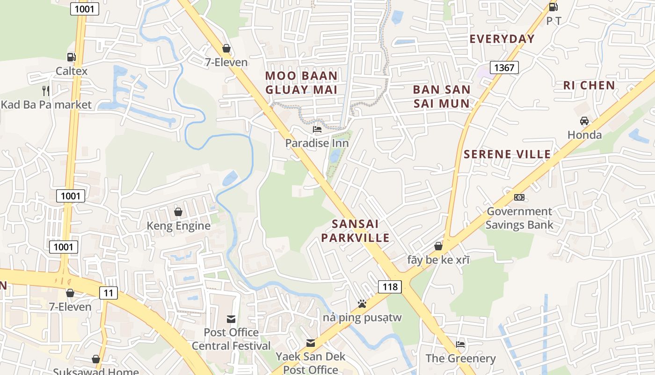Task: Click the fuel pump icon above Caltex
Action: point(71,57)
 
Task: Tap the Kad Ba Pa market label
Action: point(46,105)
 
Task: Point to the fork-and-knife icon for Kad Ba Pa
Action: point(46,90)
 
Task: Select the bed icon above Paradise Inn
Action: point(317,129)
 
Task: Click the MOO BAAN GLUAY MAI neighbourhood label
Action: point(301,82)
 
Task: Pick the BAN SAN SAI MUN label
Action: point(441,97)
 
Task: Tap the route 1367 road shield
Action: point(504,67)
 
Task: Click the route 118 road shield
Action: point(390,286)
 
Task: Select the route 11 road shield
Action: point(108,293)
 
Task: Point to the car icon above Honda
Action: point(584,121)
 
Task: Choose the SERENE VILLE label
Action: point(507,154)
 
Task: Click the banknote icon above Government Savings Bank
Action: point(519,197)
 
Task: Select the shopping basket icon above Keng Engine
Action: point(178,212)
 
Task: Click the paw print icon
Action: point(362,304)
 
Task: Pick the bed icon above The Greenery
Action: point(460,345)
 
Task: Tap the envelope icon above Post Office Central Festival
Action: point(231,319)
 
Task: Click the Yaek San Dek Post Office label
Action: point(310,363)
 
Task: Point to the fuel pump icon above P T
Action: point(553,7)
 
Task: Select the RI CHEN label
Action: point(589,85)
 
